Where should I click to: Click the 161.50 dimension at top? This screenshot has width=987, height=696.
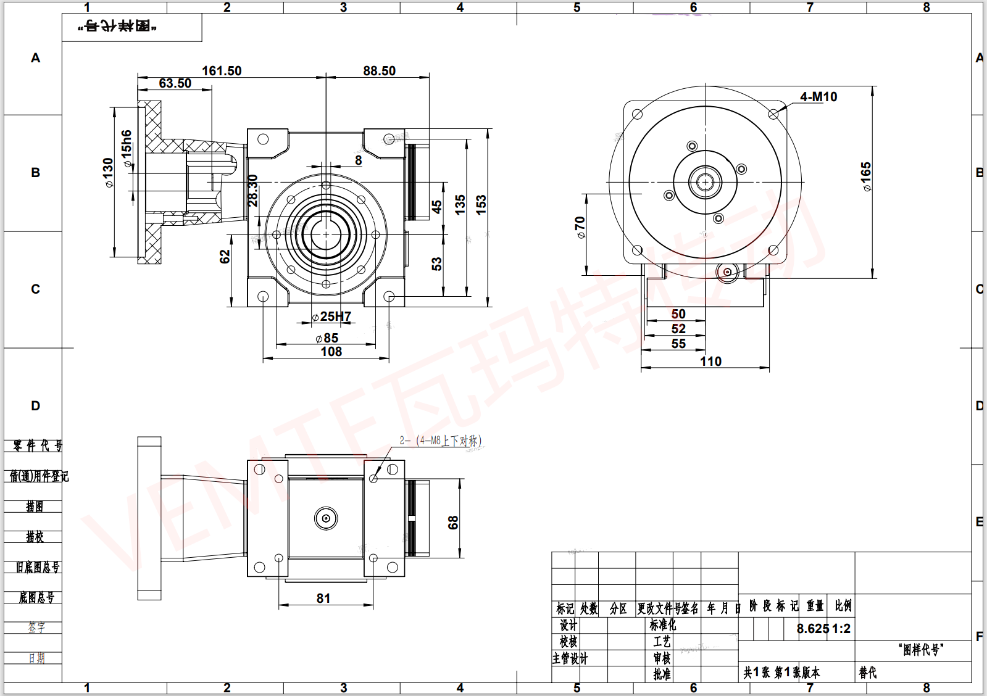click(222, 71)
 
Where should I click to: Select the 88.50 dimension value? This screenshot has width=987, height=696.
click(379, 71)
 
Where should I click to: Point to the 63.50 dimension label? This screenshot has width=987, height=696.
click(175, 83)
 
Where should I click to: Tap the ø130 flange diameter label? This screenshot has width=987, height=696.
click(109, 173)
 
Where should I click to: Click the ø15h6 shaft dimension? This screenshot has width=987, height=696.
click(127, 149)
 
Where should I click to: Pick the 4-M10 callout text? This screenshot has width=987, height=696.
click(818, 97)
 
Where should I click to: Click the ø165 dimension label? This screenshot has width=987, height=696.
click(867, 176)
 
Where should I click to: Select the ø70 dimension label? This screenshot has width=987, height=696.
click(580, 227)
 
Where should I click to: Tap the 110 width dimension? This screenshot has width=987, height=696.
click(710, 362)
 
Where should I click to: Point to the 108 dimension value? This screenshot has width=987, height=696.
click(331, 352)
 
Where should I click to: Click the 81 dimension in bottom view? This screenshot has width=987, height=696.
click(323, 599)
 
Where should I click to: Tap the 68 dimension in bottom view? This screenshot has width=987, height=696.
click(453, 523)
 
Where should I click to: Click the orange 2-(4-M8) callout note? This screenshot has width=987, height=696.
click(440, 441)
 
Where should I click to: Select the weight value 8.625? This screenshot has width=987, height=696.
click(812, 629)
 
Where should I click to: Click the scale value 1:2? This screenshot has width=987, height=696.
click(841, 629)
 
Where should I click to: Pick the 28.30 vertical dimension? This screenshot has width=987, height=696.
click(253, 190)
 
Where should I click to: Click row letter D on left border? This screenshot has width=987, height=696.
click(35, 406)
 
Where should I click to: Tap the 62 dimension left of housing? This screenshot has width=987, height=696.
click(225, 256)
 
